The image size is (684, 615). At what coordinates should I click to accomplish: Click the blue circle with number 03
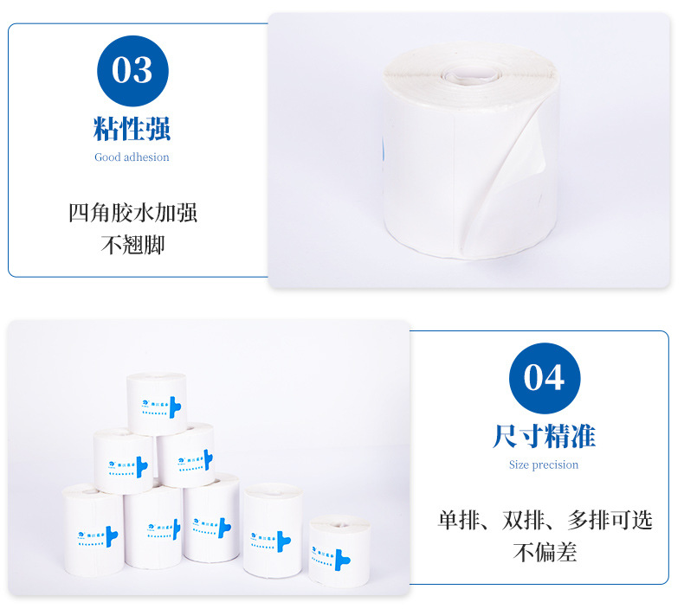(132, 71)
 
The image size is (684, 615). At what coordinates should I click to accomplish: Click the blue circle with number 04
(544, 379)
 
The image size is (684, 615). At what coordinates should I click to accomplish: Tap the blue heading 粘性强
(132, 129)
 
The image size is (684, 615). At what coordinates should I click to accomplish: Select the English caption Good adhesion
(132, 157)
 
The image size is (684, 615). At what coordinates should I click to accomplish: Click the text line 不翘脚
(132, 244)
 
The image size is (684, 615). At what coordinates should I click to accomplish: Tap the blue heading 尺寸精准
(544, 436)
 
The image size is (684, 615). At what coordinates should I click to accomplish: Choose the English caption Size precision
(544, 465)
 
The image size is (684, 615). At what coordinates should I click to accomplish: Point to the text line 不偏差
(545, 551)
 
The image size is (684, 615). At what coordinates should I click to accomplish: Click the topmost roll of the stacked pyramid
(157, 403)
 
